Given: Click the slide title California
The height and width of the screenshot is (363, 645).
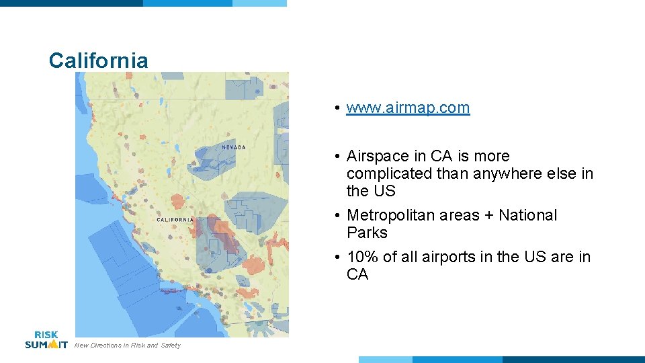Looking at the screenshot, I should coord(98,61).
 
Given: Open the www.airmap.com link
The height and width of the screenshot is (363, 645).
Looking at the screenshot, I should coord(408,108).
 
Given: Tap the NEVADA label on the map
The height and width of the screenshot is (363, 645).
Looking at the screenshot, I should coord(234,147).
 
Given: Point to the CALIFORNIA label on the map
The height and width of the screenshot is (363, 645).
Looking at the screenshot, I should coord(175,220).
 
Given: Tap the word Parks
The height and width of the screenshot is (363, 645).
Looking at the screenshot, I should coord(367,233).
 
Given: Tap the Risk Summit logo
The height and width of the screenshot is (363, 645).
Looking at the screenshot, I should coord(46,339).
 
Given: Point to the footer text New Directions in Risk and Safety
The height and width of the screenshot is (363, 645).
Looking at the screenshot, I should coord(128,346).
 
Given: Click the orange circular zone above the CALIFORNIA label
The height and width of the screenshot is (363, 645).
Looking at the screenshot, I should coord(177,200).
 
